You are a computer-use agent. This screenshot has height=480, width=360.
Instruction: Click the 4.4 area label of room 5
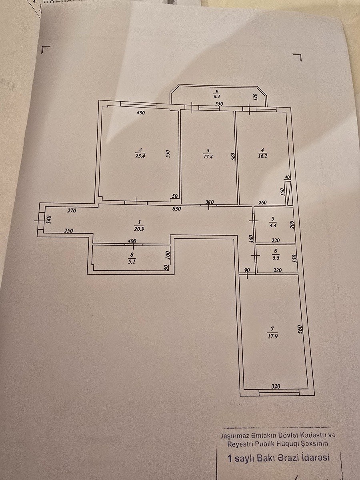(x=272, y=224)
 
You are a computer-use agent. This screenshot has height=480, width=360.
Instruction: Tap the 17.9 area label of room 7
(x=273, y=336)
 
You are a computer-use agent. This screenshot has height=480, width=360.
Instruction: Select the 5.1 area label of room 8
(x=132, y=259)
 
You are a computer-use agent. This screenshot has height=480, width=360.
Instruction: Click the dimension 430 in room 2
(x=140, y=113)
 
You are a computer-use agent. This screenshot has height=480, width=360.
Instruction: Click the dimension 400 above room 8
(x=132, y=241)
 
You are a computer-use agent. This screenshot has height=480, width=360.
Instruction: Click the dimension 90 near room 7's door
(x=247, y=270)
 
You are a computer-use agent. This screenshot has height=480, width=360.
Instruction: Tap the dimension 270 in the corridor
(x=72, y=210)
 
